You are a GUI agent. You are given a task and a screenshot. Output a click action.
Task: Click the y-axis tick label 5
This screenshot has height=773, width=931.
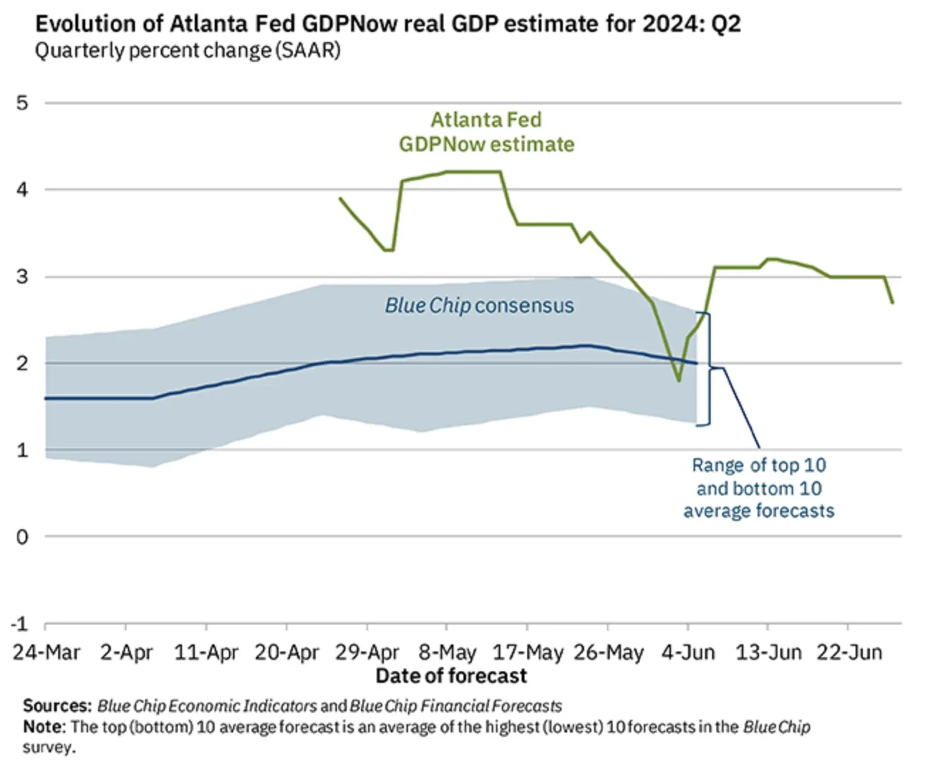(x=23, y=103)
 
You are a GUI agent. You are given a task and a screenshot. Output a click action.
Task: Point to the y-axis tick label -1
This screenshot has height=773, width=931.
(x=20, y=624)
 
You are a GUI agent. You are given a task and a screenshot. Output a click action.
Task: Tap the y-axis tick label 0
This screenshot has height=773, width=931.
(x=23, y=537)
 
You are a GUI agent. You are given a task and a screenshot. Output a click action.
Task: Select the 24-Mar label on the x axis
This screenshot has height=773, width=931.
(x=46, y=652)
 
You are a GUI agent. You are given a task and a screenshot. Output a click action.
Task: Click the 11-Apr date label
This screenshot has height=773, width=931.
(x=206, y=652)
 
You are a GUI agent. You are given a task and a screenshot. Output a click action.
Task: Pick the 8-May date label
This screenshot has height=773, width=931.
(x=447, y=652)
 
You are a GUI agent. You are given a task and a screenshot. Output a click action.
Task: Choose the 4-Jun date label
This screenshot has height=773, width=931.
(x=688, y=652)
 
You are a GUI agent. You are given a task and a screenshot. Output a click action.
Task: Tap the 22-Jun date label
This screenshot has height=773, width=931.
(x=849, y=652)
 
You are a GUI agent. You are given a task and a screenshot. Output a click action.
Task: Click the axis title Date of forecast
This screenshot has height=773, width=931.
(x=451, y=676)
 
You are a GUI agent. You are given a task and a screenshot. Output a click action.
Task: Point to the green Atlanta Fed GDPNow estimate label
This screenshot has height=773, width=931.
(x=486, y=132)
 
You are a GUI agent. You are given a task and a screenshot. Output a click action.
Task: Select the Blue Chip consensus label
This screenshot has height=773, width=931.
(x=479, y=306)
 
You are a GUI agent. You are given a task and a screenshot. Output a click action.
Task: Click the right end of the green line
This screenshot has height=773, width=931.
(x=893, y=303)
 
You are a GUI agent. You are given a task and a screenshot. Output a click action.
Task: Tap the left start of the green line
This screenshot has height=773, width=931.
(x=340, y=199)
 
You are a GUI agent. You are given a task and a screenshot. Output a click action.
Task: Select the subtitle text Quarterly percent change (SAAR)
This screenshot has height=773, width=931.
(x=188, y=51)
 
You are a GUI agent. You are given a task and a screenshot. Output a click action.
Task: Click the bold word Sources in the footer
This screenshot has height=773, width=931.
(x=57, y=706)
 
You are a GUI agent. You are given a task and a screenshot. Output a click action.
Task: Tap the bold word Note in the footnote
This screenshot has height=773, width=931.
(x=44, y=727)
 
